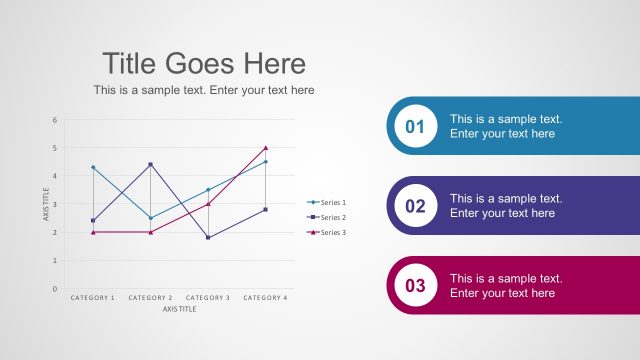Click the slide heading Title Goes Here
(204, 64)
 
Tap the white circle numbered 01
(415, 126)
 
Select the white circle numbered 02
(415, 206)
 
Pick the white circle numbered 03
(415, 286)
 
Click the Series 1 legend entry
(328, 202)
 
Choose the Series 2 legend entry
(328, 217)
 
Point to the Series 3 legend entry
(328, 232)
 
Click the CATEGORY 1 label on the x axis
(93, 298)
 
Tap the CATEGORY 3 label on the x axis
(208, 298)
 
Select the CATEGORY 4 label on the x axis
(265, 298)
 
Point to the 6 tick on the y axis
(55, 120)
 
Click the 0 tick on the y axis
(55, 289)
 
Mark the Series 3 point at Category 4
(266, 148)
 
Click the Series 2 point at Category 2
(151, 164)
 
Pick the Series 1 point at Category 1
(93, 167)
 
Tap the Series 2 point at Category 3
(208, 237)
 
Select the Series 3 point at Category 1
(93, 232)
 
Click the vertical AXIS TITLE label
(46, 204)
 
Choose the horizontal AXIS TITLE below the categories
(180, 309)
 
